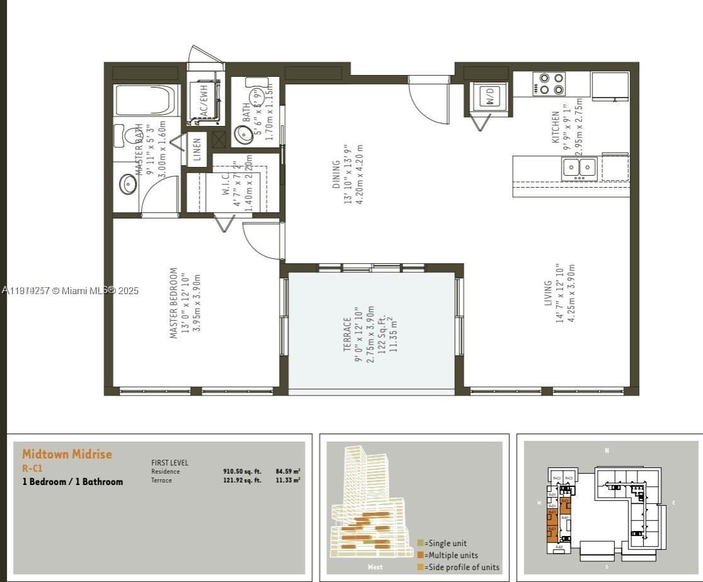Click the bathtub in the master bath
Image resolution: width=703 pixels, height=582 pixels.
coord(146,100)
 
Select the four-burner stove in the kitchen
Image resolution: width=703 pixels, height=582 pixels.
coord(549,84)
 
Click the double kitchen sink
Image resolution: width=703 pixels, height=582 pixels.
coord(579,168)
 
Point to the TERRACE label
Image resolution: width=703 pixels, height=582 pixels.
coord(348,334)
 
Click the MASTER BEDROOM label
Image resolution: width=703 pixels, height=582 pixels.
coord(174,303)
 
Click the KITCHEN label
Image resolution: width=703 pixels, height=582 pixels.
coord(556,127)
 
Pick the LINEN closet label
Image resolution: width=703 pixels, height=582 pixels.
coord(197,149)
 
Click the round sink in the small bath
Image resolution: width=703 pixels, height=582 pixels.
coord(241,134)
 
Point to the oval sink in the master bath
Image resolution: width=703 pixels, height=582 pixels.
coord(129,184)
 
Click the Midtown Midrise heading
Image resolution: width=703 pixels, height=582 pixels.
coord(67,454)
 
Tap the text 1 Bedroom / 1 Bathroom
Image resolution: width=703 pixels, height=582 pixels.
coord(72,482)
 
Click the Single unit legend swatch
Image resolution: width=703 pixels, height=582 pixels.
coord(420,543)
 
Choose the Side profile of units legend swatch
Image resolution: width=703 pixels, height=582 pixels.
coord(420,567)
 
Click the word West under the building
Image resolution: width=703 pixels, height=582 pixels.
coord(375,566)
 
